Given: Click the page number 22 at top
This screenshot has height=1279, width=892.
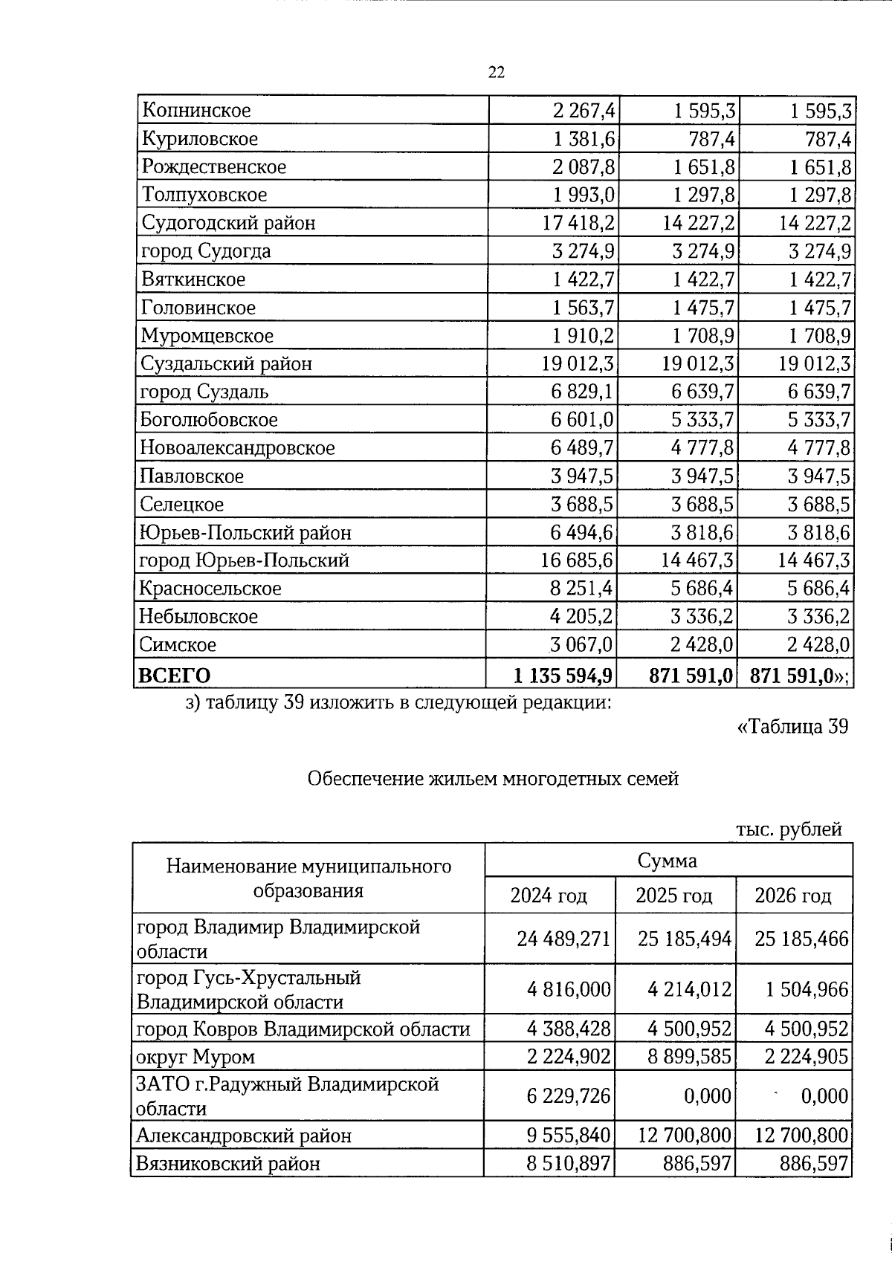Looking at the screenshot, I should [497, 72].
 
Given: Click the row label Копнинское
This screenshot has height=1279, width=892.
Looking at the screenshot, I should [196, 111].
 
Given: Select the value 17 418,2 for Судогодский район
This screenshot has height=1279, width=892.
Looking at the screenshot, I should [578, 223].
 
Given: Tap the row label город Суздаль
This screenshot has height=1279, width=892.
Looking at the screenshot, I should [204, 392].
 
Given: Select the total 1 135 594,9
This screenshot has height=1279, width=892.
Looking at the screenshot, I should [563, 676].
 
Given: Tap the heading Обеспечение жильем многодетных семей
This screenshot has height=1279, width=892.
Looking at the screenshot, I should [493, 779].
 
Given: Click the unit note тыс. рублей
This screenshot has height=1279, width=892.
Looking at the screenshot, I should [789, 829].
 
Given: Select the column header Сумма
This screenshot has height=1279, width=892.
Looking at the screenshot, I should [668, 861].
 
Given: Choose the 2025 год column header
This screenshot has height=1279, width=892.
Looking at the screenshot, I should [674, 896].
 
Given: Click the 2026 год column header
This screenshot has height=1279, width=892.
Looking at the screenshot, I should [793, 896].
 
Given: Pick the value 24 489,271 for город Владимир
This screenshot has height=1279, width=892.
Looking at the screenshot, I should [564, 939].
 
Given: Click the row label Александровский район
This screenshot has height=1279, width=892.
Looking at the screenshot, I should [244, 1136].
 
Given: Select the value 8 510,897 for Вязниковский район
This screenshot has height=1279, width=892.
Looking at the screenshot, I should [569, 1164].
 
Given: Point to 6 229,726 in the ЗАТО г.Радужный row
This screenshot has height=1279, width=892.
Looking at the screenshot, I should [569, 1096].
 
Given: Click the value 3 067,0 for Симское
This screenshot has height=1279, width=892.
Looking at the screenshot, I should [583, 644].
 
